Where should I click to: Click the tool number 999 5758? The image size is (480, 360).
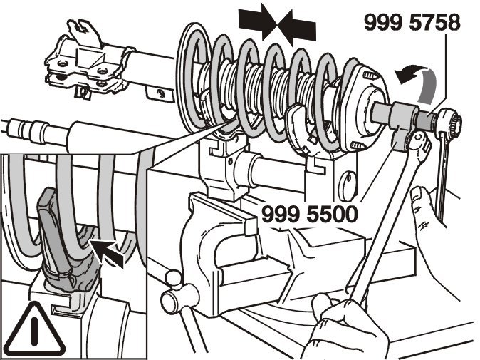point(412,22)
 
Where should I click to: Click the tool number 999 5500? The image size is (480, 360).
point(310,214)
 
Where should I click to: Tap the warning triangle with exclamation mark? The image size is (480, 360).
point(36,329)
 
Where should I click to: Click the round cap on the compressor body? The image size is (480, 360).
point(348,185)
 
